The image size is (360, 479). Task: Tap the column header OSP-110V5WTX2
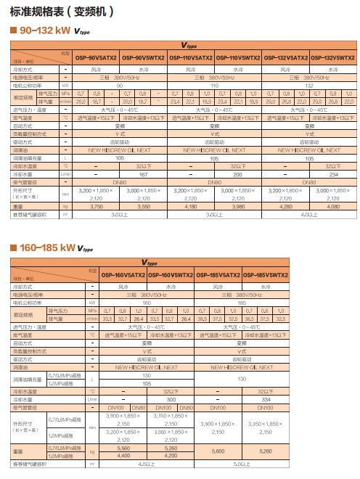239,58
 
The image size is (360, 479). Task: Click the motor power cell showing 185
242,302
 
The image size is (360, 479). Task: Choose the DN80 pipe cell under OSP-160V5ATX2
140,408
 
